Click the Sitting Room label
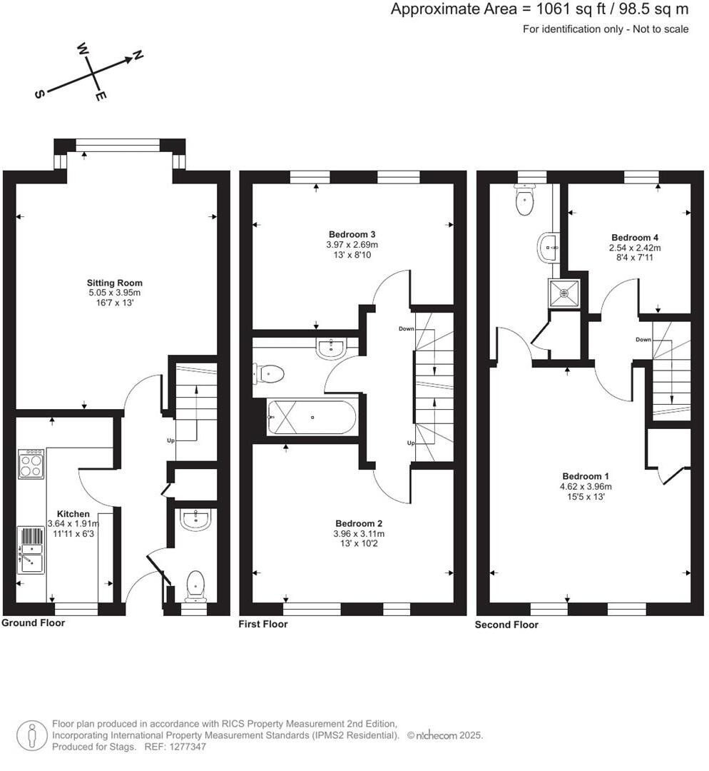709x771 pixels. click(x=115, y=283)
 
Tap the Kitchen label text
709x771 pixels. click(x=73, y=514)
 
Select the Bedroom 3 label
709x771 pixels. click(x=352, y=234)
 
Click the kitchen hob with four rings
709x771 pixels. click(x=30, y=464)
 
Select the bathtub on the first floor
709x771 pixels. click(x=311, y=417)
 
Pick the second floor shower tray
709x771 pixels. click(x=563, y=292)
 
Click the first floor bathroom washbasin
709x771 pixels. click(x=331, y=348)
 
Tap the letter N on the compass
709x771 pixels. click(x=138, y=56)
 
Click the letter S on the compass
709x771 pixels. click(x=40, y=94)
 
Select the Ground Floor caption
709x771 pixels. click(x=33, y=623)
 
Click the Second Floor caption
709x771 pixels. click(x=506, y=625)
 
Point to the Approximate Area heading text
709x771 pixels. click(x=540, y=10)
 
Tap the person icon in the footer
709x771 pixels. click(x=31, y=735)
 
